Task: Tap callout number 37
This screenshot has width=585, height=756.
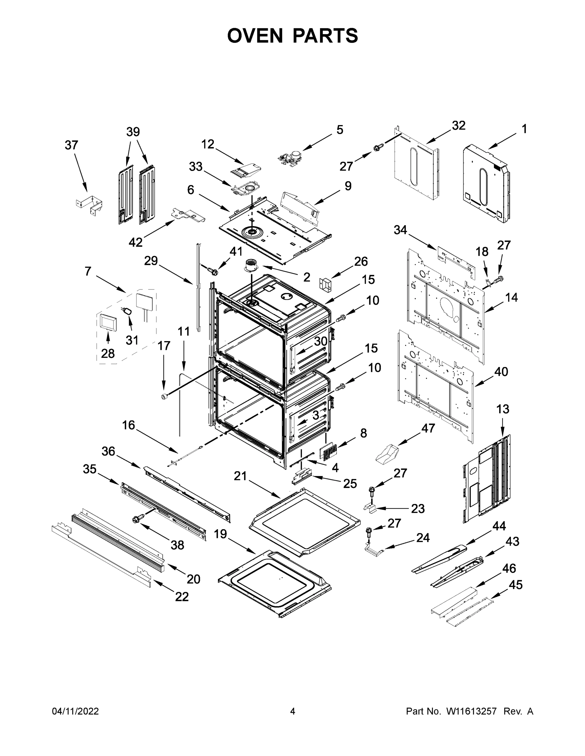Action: point(71,145)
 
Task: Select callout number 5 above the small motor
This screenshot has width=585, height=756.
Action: point(340,130)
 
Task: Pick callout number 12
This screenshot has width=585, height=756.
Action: point(208,144)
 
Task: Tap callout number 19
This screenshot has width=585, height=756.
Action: point(220,534)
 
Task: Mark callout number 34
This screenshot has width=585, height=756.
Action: point(400,230)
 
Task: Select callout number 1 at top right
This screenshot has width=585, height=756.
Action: point(524,129)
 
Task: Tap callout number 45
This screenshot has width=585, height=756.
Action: point(515,585)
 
